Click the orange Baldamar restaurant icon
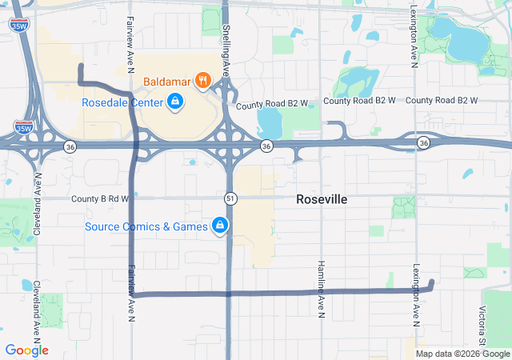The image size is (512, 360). (x=204, y=81)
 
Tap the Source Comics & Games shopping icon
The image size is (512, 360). (x=219, y=226)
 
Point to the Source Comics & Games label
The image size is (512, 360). (x=146, y=226)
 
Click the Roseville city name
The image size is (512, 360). (x=322, y=199)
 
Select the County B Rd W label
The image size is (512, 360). (x=100, y=198)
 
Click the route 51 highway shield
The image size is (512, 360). (x=230, y=198)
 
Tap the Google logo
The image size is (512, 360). (x=26, y=350)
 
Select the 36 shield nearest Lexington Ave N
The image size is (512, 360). (x=422, y=142)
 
